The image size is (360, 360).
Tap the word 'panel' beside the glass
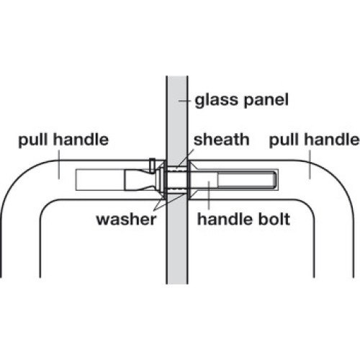coord(264,101)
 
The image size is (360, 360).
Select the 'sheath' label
coord(221,140)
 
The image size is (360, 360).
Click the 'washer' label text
coord(126,220)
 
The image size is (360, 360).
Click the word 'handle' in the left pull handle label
coord(81,140)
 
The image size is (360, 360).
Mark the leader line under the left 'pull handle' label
coord(59,165)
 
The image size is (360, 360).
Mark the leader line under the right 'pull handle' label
coord(310,165)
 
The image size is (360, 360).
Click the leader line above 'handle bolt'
coord(209,196)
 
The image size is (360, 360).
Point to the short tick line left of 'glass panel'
coord(184,101)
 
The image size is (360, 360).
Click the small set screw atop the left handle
coord(152,166)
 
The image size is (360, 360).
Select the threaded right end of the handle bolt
coord(247,180)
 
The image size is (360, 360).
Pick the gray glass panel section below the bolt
coord(177,239)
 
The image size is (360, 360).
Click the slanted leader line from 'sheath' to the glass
coord(185,158)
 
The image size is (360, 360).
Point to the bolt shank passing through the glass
coord(177,180)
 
